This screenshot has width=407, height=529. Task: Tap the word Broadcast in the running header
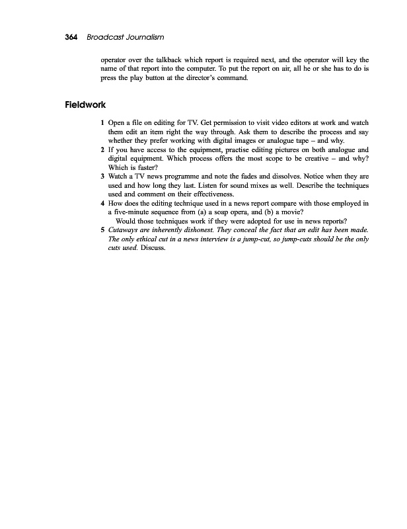click(x=102, y=36)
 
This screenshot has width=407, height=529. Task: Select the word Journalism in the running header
click(x=143, y=36)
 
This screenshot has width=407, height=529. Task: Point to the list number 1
click(x=102, y=124)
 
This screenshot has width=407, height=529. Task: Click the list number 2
click(x=102, y=150)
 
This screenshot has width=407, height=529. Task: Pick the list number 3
click(x=102, y=177)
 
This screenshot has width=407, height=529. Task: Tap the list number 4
click(x=102, y=204)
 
